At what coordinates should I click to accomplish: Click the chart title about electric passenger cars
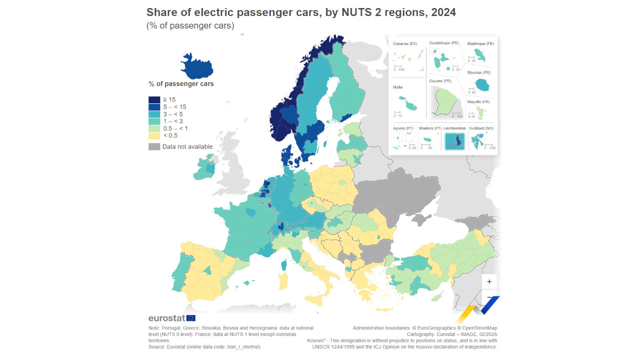[300, 12]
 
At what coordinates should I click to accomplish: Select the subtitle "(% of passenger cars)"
[190, 25]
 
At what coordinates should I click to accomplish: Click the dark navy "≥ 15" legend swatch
[154, 99]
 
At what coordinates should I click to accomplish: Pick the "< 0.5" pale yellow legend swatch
[154, 135]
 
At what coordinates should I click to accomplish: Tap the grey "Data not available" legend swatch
[154, 146]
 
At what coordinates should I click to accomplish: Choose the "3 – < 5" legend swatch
[154, 114]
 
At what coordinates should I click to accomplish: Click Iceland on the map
[196, 65]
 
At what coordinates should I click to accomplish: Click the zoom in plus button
[489, 281]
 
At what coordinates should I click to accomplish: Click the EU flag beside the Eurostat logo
[191, 318]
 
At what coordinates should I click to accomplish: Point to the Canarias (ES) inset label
[405, 44]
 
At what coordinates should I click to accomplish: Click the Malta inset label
[398, 87]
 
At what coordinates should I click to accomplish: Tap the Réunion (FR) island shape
[482, 86]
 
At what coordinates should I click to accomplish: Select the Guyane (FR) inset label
[440, 81]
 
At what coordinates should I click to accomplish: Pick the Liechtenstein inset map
[455, 140]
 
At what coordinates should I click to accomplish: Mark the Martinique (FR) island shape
[481, 56]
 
